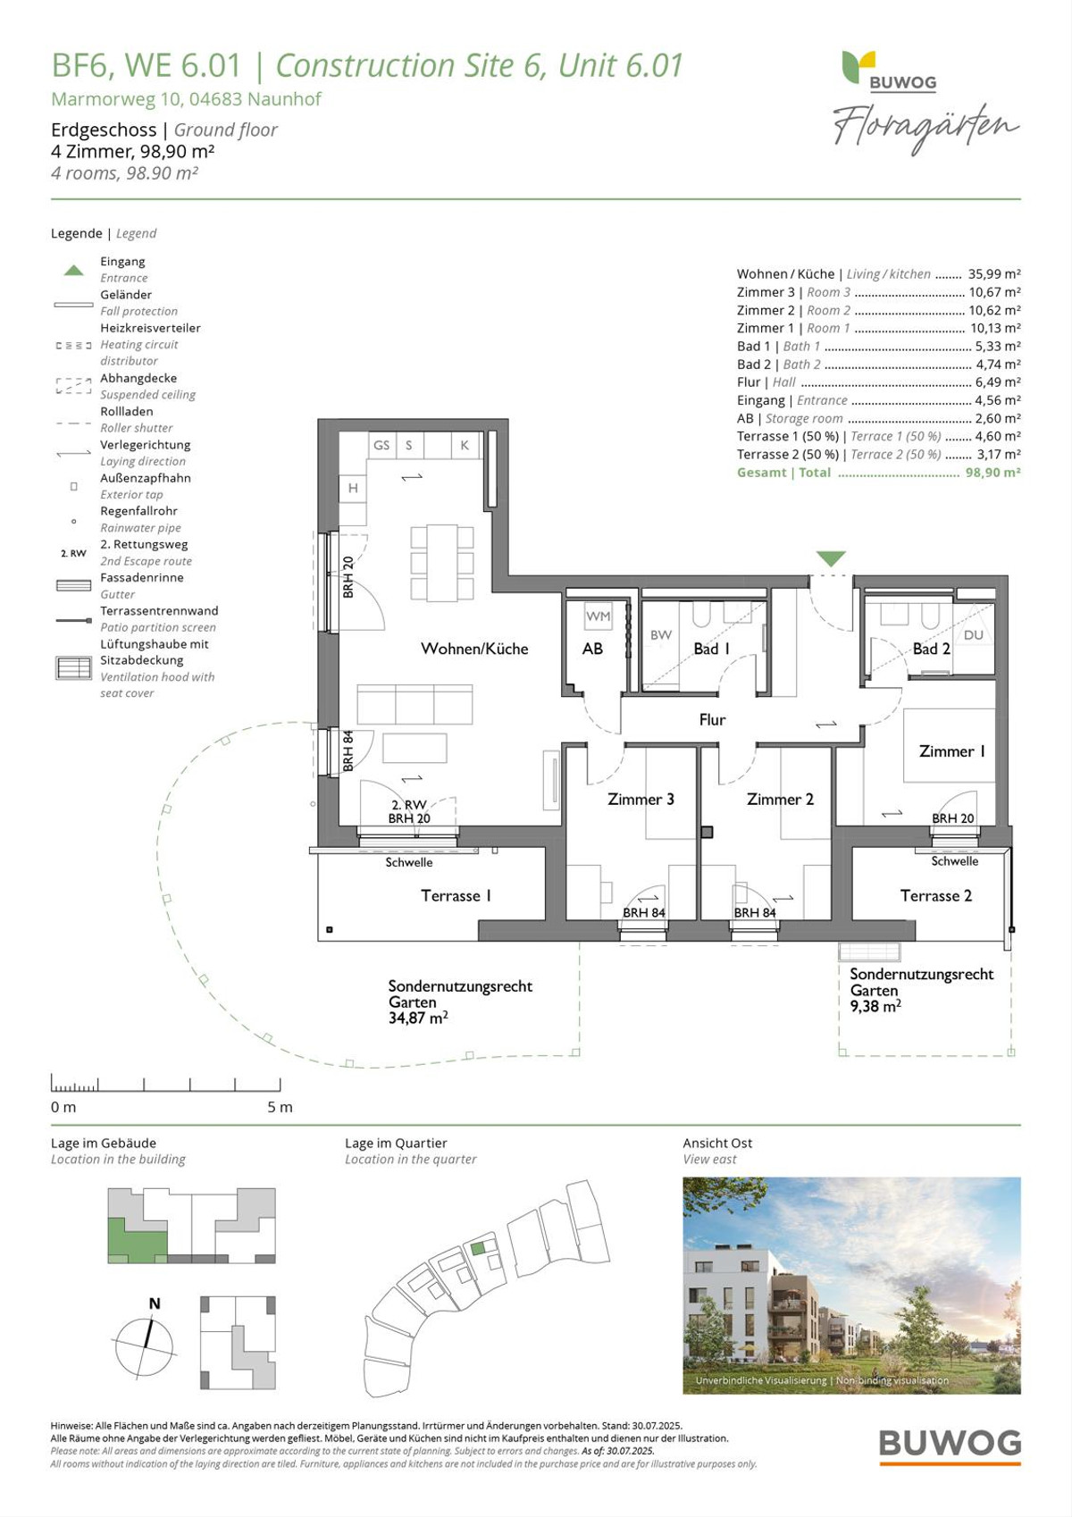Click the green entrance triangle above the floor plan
click(831, 558)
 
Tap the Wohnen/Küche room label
click(474, 649)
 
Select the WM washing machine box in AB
click(598, 616)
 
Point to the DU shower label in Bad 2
click(973, 635)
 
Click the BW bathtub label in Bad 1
click(661, 635)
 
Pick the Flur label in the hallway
click(712, 720)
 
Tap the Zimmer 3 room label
click(641, 799)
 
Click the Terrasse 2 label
click(936, 896)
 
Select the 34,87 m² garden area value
click(418, 1018)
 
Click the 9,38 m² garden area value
click(875, 1006)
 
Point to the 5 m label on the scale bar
click(280, 1107)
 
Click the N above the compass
click(155, 1303)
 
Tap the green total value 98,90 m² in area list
click(992, 472)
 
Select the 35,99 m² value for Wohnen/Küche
click(994, 273)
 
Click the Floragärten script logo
click(925, 128)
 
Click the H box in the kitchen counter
click(353, 488)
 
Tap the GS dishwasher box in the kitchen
click(381, 445)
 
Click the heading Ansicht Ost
click(717, 1144)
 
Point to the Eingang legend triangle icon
click(74, 270)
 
